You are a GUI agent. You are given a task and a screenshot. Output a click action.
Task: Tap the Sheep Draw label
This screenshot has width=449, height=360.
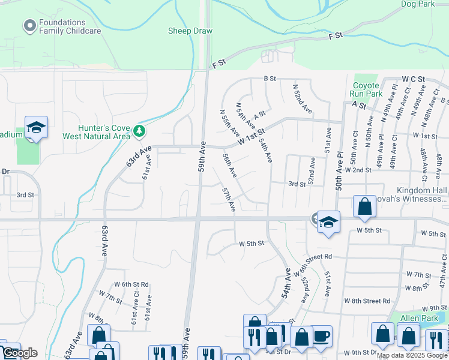point(190,31)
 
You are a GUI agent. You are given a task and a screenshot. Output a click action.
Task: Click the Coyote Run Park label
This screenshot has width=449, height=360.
point(367,89)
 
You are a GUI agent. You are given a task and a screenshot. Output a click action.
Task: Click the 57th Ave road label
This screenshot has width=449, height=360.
point(228,200)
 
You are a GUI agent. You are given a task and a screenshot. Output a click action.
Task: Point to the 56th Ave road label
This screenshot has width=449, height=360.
point(229,165)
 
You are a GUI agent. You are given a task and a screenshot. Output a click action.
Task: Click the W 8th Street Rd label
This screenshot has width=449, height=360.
point(367,301)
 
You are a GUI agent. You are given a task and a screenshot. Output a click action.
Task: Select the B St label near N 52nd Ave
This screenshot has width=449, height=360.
point(270,78)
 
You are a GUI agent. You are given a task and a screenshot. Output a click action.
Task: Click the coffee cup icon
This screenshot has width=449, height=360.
point(321,336)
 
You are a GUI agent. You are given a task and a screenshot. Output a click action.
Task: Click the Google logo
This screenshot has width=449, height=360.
point(20,353)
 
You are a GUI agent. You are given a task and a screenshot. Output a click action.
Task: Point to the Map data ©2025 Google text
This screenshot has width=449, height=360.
point(412,355)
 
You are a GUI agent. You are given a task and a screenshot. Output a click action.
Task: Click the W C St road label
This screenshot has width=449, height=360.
point(413,79)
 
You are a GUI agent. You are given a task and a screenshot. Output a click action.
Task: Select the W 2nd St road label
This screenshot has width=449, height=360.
point(366,170)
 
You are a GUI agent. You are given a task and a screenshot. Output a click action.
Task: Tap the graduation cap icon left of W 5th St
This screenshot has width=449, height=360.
point(328,221)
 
